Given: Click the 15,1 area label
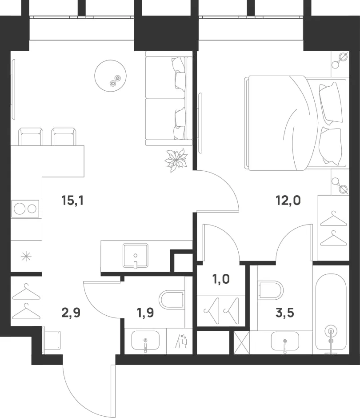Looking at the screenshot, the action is pyautogui.click(x=72, y=200).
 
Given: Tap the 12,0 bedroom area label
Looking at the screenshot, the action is pyautogui.click(x=288, y=200).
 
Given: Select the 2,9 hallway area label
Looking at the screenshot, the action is pyautogui.click(x=71, y=313).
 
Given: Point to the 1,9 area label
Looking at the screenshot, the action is pyautogui.click(x=145, y=313).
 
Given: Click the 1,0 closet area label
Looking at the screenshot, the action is pyautogui.click(x=221, y=279).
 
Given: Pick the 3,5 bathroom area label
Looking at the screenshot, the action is pyautogui.click(x=285, y=313).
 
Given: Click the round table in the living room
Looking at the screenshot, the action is pyautogui.click(x=110, y=76).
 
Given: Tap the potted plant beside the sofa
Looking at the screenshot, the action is pyautogui.click(x=176, y=160).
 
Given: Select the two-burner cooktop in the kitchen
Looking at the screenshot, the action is pyautogui.click(x=25, y=209).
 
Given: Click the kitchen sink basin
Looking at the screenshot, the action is pyautogui.click(x=136, y=256).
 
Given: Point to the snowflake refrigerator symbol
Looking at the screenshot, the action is pyautogui.click(x=26, y=257).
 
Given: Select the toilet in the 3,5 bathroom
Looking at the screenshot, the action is pyautogui.click(x=270, y=290).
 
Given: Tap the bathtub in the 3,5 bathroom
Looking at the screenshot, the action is pyautogui.click(x=331, y=312).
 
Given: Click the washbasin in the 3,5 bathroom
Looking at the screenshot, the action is pyautogui.click(x=285, y=342).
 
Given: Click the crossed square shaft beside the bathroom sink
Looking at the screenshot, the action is pyautogui.click(x=242, y=342).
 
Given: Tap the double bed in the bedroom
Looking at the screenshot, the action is pyautogui.click(x=296, y=123).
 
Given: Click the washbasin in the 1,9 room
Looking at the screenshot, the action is pyautogui.click(x=145, y=341).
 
